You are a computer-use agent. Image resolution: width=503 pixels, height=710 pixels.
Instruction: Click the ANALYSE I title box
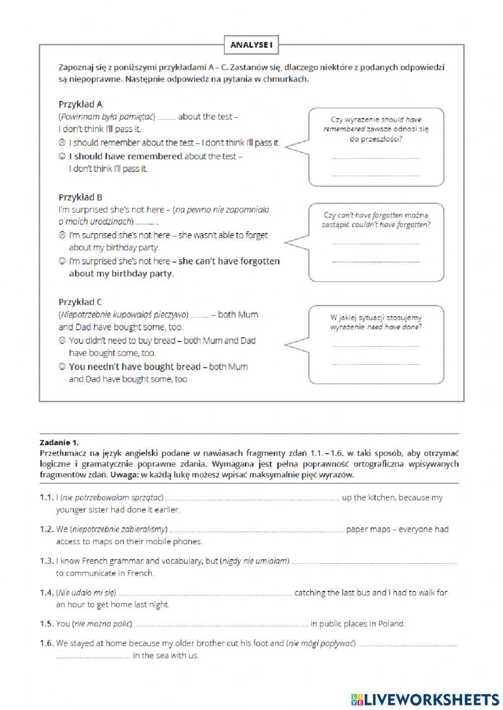point(251,45)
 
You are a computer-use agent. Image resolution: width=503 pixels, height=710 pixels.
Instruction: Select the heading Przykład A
point(80,105)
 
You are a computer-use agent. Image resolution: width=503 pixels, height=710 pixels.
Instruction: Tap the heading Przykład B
point(80,197)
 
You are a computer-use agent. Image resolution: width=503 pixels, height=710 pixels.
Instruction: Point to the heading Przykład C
point(80,302)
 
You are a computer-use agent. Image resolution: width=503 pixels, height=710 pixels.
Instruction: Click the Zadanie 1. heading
point(59,443)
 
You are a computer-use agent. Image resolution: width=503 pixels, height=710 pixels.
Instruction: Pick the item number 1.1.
point(46,497)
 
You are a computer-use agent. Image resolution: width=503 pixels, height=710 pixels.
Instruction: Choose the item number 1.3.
point(46,561)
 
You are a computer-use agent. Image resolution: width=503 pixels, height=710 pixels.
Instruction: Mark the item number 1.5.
point(46,624)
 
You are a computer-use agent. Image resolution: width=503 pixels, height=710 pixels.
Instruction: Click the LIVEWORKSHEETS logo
point(425,699)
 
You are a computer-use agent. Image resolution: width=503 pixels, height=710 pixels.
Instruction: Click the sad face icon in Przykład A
point(62,143)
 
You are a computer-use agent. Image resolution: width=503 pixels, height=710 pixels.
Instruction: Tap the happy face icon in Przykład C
point(62,367)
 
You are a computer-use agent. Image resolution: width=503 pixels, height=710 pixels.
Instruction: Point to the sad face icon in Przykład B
point(62,235)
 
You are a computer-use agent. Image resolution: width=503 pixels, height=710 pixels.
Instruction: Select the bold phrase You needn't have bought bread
point(134,367)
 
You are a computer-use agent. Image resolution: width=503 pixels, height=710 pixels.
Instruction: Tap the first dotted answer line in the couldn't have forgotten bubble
point(376,244)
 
